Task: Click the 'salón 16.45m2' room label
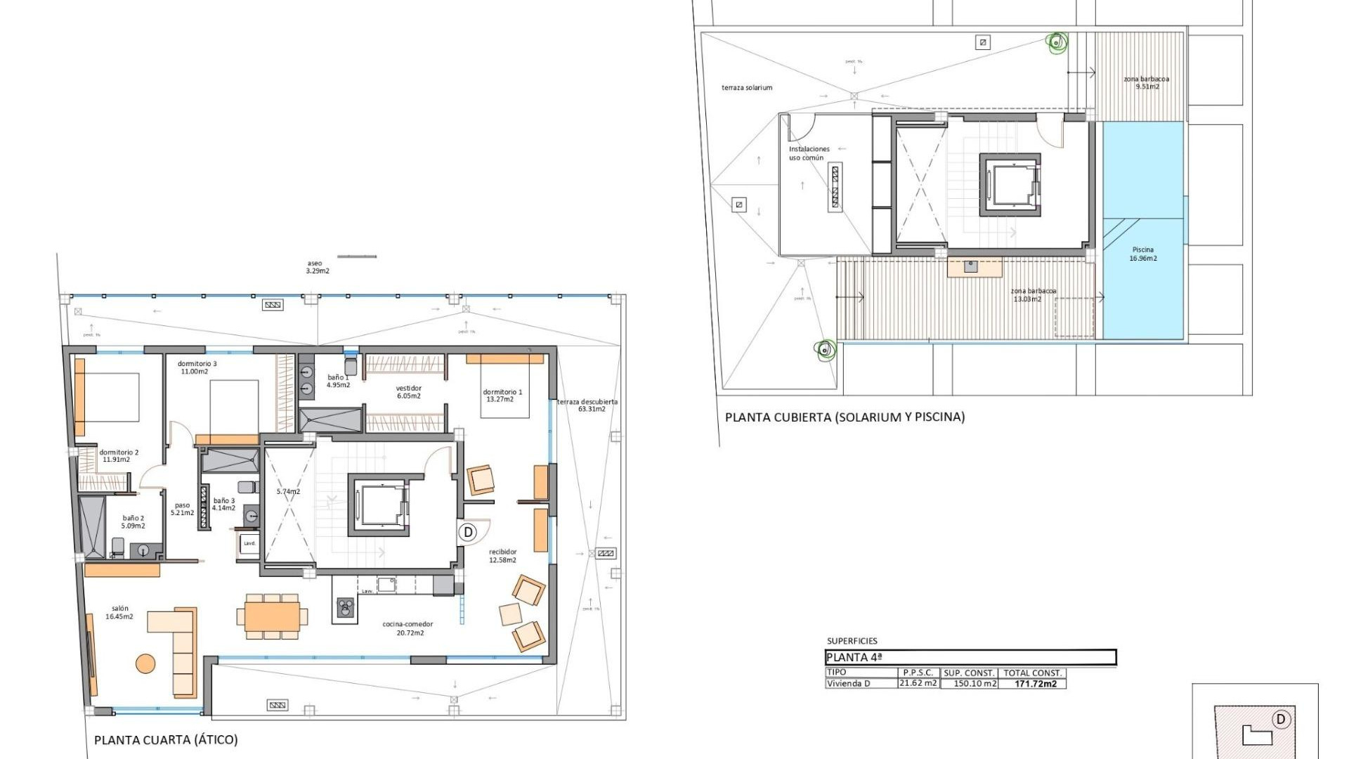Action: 119,613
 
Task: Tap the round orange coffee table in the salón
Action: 145,663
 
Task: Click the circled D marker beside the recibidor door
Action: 469,532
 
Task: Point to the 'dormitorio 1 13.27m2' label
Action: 502,396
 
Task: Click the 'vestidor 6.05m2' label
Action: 408,392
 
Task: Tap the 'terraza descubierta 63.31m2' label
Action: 588,406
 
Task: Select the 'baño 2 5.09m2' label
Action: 133,522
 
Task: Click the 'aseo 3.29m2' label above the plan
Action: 317,267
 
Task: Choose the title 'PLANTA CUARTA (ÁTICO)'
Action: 166,740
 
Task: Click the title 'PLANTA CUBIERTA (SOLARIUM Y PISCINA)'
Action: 845,417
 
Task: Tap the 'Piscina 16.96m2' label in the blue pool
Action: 1143,254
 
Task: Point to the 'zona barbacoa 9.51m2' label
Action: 1147,83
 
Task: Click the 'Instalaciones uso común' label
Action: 808,153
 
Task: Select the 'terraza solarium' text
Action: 746,88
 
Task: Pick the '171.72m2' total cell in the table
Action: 1035,684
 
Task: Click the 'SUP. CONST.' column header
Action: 969,673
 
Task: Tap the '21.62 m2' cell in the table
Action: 918,683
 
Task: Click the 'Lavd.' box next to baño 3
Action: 249,543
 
